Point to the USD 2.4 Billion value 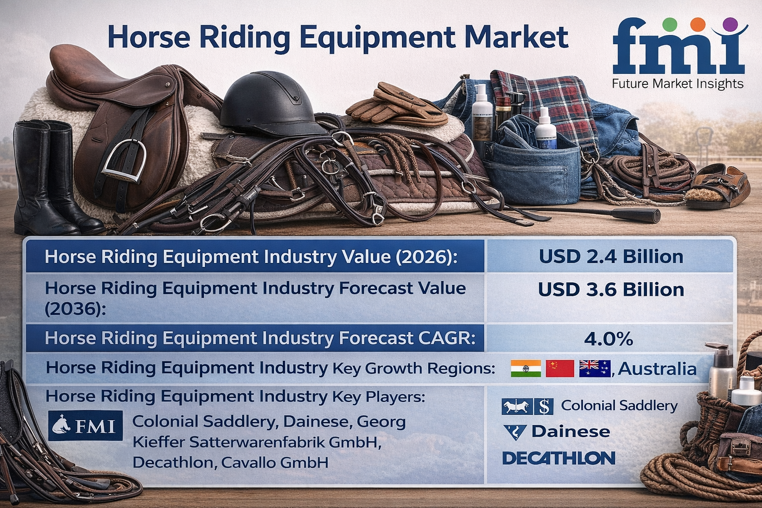(x=611, y=256)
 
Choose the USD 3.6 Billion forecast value (x=611, y=290)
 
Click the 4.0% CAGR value (x=608, y=339)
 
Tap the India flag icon (x=525, y=369)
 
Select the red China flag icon (x=560, y=369)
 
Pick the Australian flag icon (x=594, y=369)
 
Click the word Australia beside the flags (x=657, y=369)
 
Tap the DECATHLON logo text (x=559, y=458)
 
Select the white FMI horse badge (x=85, y=426)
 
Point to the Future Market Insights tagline (x=678, y=84)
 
